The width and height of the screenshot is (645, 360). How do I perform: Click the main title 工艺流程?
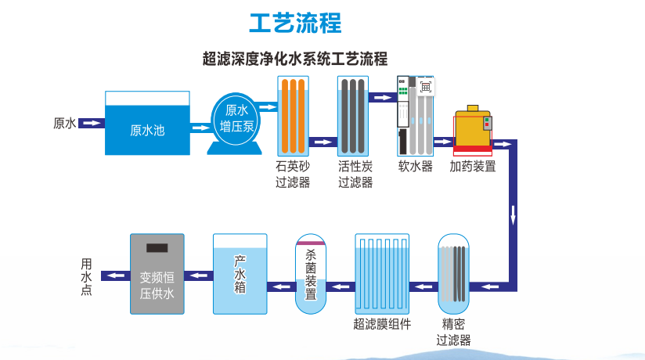(295, 23)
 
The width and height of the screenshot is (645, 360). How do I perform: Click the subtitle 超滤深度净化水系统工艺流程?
(295, 59)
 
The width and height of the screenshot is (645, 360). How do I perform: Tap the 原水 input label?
(64, 123)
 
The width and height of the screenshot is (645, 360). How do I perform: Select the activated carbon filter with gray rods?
(353, 116)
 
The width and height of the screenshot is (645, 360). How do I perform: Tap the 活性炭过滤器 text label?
(355, 175)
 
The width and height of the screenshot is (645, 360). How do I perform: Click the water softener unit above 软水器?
(415, 114)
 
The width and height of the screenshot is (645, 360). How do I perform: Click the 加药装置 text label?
(472, 167)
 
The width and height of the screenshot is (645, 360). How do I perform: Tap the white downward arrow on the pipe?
(513, 213)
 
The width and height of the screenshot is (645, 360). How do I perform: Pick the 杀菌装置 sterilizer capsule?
(311, 273)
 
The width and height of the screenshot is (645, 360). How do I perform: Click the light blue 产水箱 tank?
(240, 273)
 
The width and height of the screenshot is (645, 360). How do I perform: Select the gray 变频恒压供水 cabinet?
(157, 273)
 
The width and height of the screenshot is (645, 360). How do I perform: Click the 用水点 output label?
(86, 275)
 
